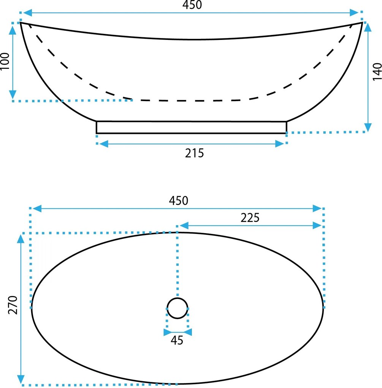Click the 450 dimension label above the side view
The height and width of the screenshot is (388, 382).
[x=192, y=5]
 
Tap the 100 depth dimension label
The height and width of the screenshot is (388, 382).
[x=5, y=61]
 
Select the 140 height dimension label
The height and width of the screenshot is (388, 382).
[x=377, y=72]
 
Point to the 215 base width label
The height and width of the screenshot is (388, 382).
[x=194, y=153]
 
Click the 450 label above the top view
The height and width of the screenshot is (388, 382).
[x=179, y=200]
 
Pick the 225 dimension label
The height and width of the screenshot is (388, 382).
[x=250, y=218]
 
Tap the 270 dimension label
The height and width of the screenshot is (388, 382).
[x=13, y=305]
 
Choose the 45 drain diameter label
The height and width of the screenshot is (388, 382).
[x=177, y=340]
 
